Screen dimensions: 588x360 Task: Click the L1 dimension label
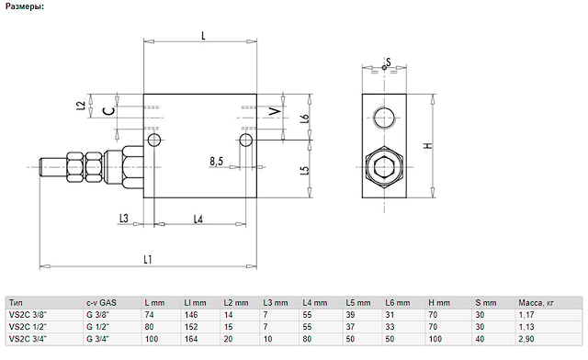click(x=148, y=259)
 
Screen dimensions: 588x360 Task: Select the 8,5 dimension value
click(x=217, y=162)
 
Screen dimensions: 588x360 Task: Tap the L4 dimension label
click(x=198, y=219)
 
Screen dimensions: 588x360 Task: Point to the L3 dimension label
click(x=124, y=218)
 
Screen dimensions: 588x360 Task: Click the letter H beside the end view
click(x=428, y=145)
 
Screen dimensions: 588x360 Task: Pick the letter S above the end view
click(x=389, y=62)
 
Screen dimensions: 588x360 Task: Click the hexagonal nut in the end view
click(x=384, y=167)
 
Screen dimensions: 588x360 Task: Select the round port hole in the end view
click(x=384, y=118)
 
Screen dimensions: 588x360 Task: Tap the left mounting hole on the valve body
click(x=154, y=141)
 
